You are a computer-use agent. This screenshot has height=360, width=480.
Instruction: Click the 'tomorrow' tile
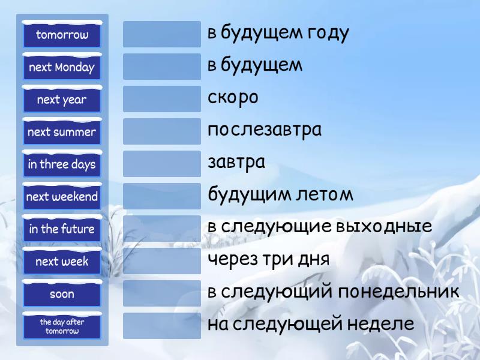(x=62, y=35)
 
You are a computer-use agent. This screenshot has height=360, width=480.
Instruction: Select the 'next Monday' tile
(x=62, y=67)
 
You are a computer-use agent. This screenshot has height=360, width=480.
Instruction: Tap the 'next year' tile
(x=62, y=100)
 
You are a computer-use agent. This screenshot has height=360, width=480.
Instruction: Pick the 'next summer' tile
(x=62, y=132)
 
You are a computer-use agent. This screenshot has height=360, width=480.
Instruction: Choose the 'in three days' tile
(x=62, y=164)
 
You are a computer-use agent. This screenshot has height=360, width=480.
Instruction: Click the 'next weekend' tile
(x=62, y=197)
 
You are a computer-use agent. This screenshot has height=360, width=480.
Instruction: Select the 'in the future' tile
(x=62, y=229)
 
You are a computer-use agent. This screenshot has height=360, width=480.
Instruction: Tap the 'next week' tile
(x=62, y=262)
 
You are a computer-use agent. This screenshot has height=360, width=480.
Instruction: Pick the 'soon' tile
(x=62, y=294)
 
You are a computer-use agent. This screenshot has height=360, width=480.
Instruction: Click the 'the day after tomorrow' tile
(x=62, y=326)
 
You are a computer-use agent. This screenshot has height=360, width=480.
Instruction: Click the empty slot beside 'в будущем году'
(x=162, y=34)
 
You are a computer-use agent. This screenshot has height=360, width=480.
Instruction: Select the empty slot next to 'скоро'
(x=162, y=99)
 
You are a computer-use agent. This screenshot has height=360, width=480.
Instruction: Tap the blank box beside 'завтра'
(x=162, y=164)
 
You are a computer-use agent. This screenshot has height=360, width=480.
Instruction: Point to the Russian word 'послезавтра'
(x=265, y=130)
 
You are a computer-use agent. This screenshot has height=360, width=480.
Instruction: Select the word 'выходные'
(x=384, y=227)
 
